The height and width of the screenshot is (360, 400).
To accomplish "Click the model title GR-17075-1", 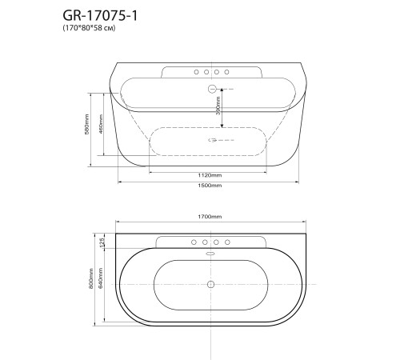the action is pos(100,16).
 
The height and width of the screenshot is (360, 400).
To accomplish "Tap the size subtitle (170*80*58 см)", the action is pos(90,28).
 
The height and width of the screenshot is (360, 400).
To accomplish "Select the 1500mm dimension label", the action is pos(210,186).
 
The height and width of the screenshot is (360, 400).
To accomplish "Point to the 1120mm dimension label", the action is pos(210,175).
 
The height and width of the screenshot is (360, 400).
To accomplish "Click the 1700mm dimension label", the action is pos(210,217).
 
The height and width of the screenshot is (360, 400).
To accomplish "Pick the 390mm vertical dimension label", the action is pos(218,106).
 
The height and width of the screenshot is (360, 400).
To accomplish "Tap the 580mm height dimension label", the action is pos(86,124).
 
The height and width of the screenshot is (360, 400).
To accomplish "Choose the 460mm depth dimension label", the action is pos(101,124).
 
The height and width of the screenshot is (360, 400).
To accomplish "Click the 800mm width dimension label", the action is pos(91,278).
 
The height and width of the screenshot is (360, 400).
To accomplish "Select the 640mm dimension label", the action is pos(101,278).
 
